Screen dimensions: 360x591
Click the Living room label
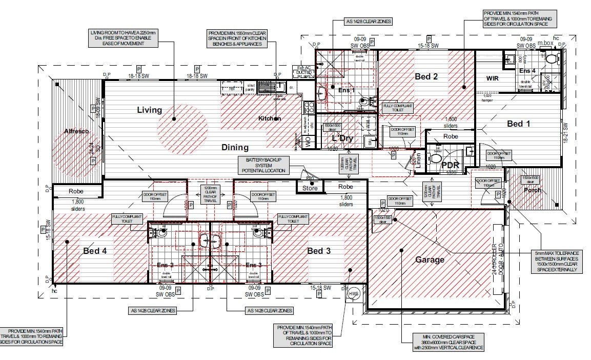[149, 110]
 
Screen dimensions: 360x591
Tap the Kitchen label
[269, 118]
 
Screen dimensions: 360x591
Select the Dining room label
[235, 147]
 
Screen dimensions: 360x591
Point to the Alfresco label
[76, 131]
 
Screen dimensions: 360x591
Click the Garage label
[430, 259]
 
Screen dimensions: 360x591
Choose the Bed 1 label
[519, 124]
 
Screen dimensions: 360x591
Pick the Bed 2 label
[426, 77]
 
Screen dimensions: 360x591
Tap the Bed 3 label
[318, 251]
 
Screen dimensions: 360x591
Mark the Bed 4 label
[95, 251]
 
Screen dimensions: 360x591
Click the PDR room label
[450, 165]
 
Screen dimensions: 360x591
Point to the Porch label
[532, 190]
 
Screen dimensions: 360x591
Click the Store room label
[310, 188]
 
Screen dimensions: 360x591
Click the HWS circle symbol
[354, 294]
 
